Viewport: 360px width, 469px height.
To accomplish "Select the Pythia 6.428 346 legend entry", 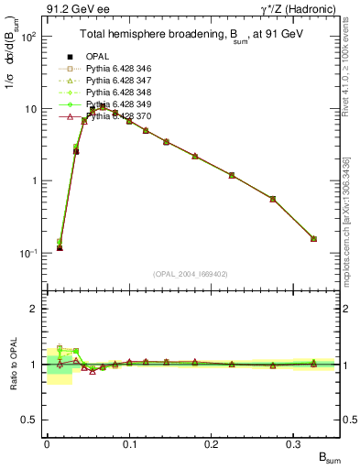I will coord(118,70).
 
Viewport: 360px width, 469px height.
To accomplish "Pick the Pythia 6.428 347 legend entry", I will coord(118,82).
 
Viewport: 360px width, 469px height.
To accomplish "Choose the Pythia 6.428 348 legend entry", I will coord(118,93).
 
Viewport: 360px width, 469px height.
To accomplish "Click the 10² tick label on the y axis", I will coord(28,38).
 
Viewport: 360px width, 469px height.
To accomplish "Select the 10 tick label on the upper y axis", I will coord(30,109).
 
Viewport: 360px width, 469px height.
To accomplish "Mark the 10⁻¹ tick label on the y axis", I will coord(28,253).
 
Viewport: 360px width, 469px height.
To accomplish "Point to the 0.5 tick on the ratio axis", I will coord(30,420).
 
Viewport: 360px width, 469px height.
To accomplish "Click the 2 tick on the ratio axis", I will coord(34,309).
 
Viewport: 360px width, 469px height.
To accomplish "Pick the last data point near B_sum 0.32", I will coord(313,238).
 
